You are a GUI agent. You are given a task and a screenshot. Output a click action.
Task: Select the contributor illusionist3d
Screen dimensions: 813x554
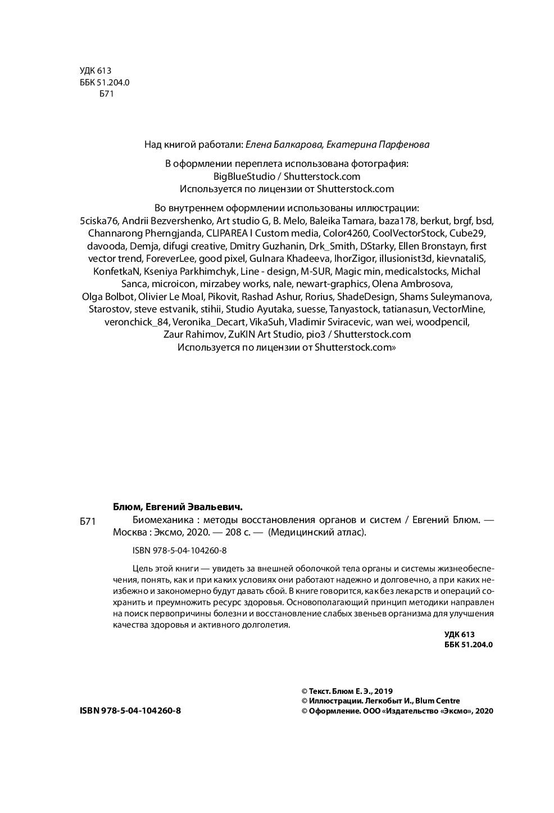click(402, 258)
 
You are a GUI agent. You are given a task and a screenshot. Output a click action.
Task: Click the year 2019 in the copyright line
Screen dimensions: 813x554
click(383, 691)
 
